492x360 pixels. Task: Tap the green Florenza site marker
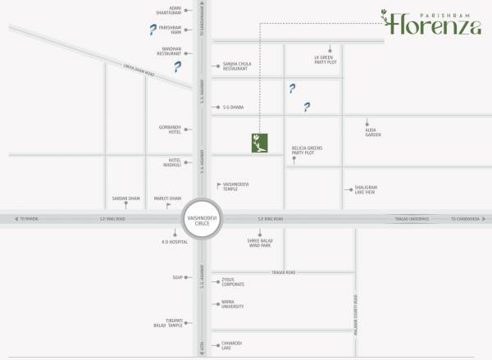tap(260, 143)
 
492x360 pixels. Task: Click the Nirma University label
tap(233, 305)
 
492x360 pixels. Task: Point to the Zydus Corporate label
tap(233, 282)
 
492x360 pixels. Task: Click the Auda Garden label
tap(373, 132)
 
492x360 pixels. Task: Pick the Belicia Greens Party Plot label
tap(307, 151)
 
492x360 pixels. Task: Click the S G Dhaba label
tap(235, 107)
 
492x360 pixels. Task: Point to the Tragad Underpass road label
tap(408, 219)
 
